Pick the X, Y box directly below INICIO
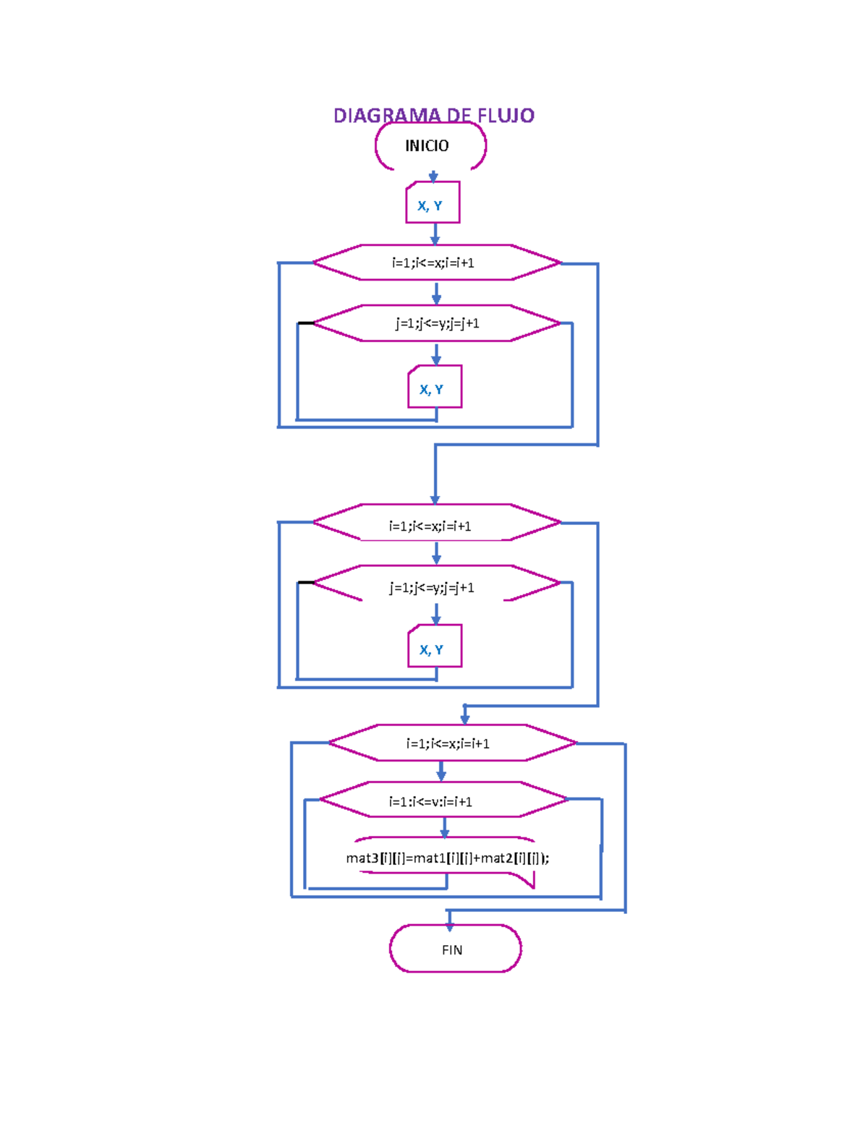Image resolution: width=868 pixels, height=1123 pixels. click(x=433, y=203)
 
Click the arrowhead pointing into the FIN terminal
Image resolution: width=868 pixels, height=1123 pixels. click(x=450, y=925)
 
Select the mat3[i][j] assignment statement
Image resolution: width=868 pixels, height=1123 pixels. click(x=447, y=858)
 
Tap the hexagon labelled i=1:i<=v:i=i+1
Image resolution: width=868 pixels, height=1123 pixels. click(x=443, y=800)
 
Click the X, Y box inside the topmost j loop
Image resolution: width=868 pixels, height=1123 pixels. click(x=435, y=388)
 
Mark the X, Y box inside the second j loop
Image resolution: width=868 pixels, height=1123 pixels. click(x=435, y=646)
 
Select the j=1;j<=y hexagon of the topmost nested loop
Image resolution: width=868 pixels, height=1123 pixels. click(x=436, y=323)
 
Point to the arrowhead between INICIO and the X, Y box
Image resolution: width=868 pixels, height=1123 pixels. click(x=433, y=176)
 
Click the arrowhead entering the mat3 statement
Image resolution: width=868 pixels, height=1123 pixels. click(x=445, y=833)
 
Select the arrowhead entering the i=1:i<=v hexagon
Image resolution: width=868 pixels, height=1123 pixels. click(x=441, y=775)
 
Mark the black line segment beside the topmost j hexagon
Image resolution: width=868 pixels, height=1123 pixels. click(x=306, y=323)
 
